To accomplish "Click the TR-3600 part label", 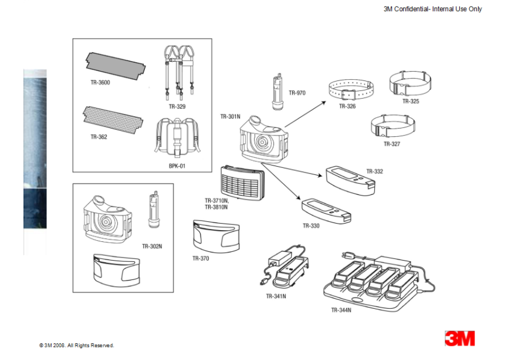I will click(100, 82).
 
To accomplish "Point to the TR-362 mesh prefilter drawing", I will click(113, 119).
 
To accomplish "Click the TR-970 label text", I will click(297, 93).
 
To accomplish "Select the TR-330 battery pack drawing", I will click(327, 209).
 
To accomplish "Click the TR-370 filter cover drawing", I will click(216, 235).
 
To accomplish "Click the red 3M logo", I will click(459, 338).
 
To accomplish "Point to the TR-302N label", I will click(152, 247).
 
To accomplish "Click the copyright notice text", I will click(77, 345).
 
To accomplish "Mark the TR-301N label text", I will click(231, 117).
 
